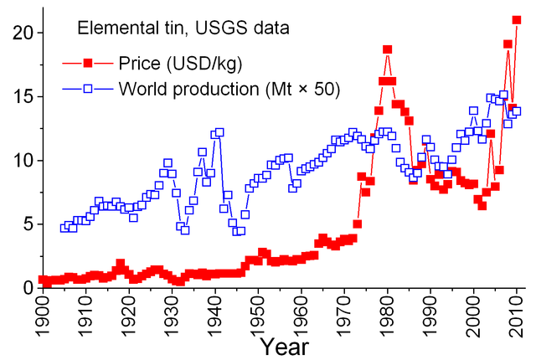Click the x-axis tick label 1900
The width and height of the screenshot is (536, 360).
[44, 316]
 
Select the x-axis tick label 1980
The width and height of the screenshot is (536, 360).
[388, 316]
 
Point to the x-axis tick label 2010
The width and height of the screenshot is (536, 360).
[518, 316]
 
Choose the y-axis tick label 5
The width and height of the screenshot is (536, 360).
[26, 224]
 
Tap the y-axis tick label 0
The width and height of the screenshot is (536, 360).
[26, 288]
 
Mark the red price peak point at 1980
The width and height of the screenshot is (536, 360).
[388, 49]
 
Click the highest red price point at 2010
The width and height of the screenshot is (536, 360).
[517, 20]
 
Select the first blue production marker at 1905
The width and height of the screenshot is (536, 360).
[64, 228]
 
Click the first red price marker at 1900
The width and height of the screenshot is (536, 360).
[44, 280]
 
